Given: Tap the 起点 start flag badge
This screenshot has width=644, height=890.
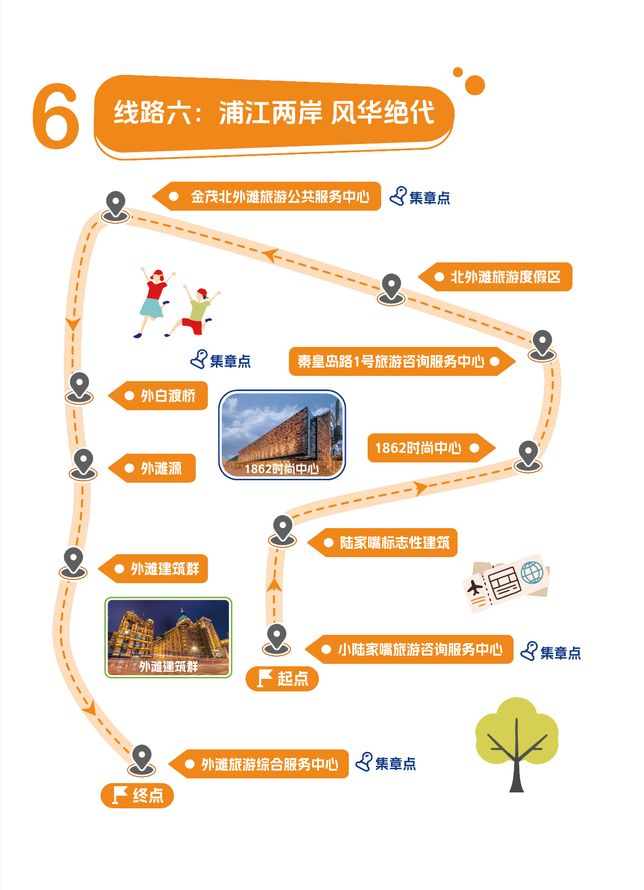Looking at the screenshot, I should tap(282, 678).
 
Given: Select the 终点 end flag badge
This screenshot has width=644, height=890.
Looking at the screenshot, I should tap(137, 795).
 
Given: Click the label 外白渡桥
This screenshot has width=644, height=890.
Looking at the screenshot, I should tap(159, 396).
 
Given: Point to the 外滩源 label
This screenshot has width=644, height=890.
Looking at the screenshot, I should tap(153, 468).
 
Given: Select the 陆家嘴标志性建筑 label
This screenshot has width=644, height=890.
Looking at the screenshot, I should tap(385, 543).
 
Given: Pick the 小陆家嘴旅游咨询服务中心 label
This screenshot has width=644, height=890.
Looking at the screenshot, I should tap(411, 649).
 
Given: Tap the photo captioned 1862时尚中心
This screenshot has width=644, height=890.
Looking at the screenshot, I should tap(282, 434).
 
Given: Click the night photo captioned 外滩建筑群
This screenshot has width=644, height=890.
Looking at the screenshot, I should tap(168, 637).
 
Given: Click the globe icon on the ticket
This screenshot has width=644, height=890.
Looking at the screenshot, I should tap(532, 573).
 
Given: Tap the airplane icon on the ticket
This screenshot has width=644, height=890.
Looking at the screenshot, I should tap(475, 588).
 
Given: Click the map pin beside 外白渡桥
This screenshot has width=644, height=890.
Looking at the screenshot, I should tap(79, 387).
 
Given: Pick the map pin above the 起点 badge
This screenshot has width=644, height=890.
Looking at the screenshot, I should tap(277, 638).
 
